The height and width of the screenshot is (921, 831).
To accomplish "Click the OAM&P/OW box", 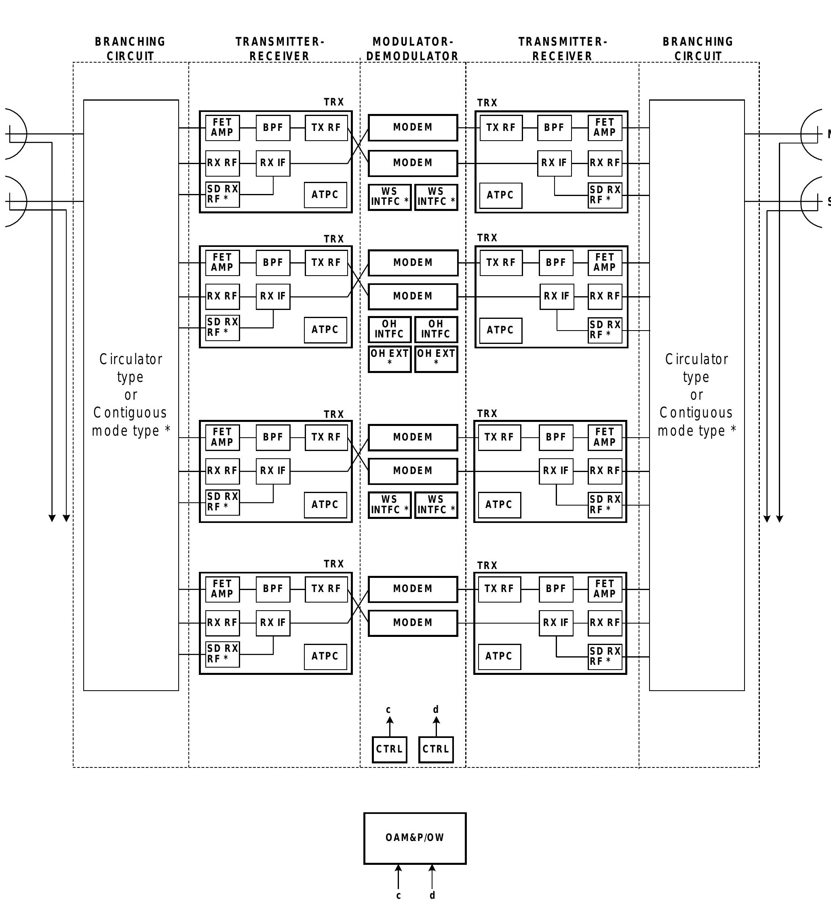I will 415,838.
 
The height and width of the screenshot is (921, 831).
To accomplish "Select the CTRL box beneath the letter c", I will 390,749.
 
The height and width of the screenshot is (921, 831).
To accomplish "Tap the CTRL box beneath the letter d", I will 436,749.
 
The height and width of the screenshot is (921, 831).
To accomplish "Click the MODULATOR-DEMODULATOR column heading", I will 413,49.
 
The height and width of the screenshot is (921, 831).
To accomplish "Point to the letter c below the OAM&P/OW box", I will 399,896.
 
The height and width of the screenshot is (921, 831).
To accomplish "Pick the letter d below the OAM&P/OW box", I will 432,896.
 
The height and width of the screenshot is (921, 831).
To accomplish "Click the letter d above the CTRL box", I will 436,710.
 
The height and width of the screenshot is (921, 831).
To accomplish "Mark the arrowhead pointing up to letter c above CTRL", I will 390,720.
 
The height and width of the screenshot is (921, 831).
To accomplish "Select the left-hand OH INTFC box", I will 390,329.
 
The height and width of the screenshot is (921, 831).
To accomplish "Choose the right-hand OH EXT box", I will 436,359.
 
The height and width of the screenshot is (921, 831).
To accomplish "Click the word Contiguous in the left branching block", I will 130,413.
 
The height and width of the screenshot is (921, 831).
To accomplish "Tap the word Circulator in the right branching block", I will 696,359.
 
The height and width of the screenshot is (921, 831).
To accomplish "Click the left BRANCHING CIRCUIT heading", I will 130,49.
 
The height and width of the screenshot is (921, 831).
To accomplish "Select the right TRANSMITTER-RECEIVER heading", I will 563,49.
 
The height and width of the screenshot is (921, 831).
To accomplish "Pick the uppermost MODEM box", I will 413,127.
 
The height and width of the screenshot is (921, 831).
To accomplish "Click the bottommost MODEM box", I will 413,623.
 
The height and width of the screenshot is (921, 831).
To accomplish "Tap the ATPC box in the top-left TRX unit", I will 325,195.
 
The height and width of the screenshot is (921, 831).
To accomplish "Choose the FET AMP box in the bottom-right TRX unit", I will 605,589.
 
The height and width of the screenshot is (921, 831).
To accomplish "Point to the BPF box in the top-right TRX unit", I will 554,128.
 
